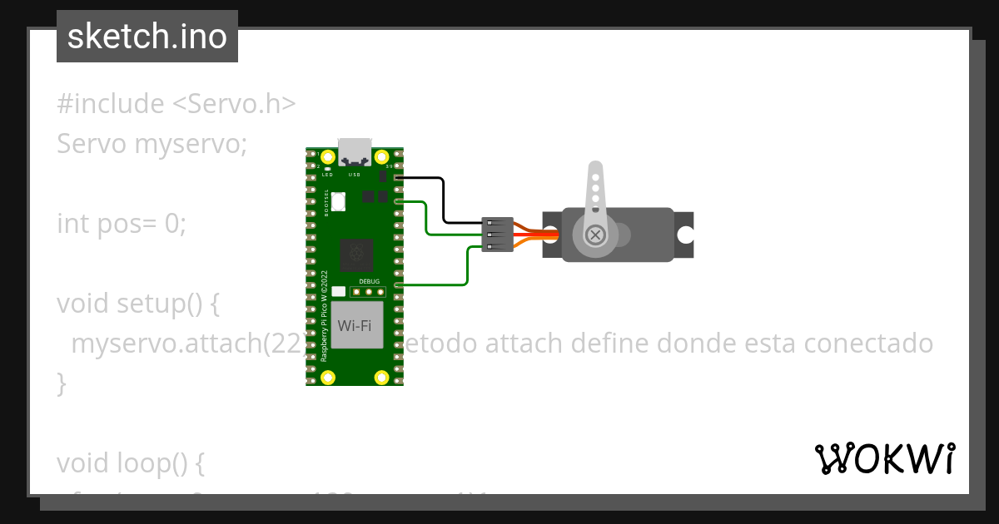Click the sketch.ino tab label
coord(147,37)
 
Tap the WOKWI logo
coord(884,459)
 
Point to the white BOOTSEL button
coord(339,200)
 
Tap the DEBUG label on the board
coord(369,282)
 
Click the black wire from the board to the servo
coord(444,200)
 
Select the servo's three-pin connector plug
coord(497,235)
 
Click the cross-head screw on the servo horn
coord(595,235)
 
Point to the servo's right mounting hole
coord(684,235)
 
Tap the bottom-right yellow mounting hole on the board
coord(382,378)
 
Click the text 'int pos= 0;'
coord(122,224)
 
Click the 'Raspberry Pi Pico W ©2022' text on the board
coord(325,315)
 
